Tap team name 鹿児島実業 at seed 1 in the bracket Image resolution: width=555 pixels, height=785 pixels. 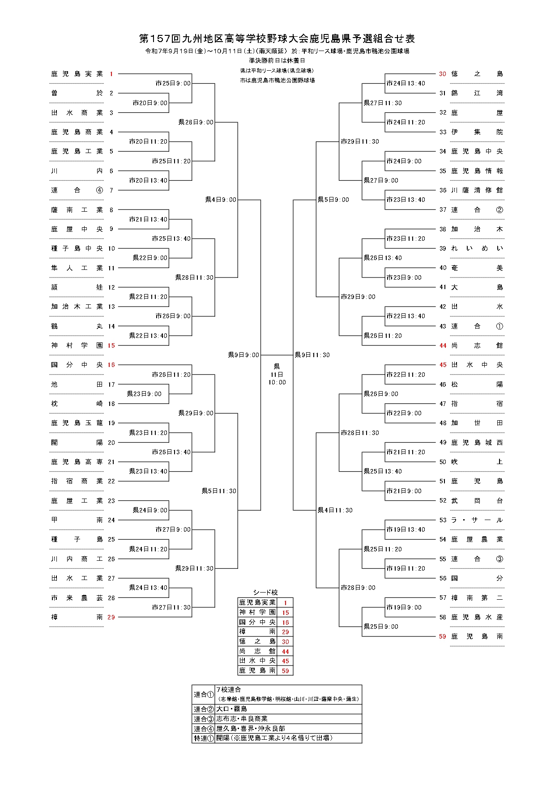(x=77, y=74)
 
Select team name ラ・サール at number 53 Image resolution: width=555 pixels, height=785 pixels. (x=477, y=520)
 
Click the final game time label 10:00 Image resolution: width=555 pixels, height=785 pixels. (x=277, y=382)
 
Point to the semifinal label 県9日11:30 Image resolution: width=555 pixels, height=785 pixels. (x=312, y=355)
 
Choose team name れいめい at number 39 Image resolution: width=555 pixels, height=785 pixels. (x=477, y=248)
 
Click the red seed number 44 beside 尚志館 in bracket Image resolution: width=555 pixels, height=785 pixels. (x=443, y=346)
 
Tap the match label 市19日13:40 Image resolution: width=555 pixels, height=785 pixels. (x=406, y=529)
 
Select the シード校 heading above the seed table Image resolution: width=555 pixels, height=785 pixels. (x=265, y=592)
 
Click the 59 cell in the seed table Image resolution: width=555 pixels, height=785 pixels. (x=285, y=670)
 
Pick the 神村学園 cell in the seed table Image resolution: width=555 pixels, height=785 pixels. (x=257, y=612)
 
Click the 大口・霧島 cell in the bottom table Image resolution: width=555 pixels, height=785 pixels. (x=231, y=709)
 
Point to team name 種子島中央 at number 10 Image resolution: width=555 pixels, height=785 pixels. (x=77, y=248)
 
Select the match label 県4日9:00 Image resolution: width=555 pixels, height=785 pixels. (x=221, y=200)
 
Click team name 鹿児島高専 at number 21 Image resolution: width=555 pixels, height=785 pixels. (x=77, y=462)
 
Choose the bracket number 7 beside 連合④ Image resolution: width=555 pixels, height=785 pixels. (x=111, y=190)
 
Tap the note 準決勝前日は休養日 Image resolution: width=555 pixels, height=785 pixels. (x=277, y=60)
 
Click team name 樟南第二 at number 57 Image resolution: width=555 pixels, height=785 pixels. (x=477, y=597)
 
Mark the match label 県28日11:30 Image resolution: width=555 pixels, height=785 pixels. (x=194, y=277)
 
